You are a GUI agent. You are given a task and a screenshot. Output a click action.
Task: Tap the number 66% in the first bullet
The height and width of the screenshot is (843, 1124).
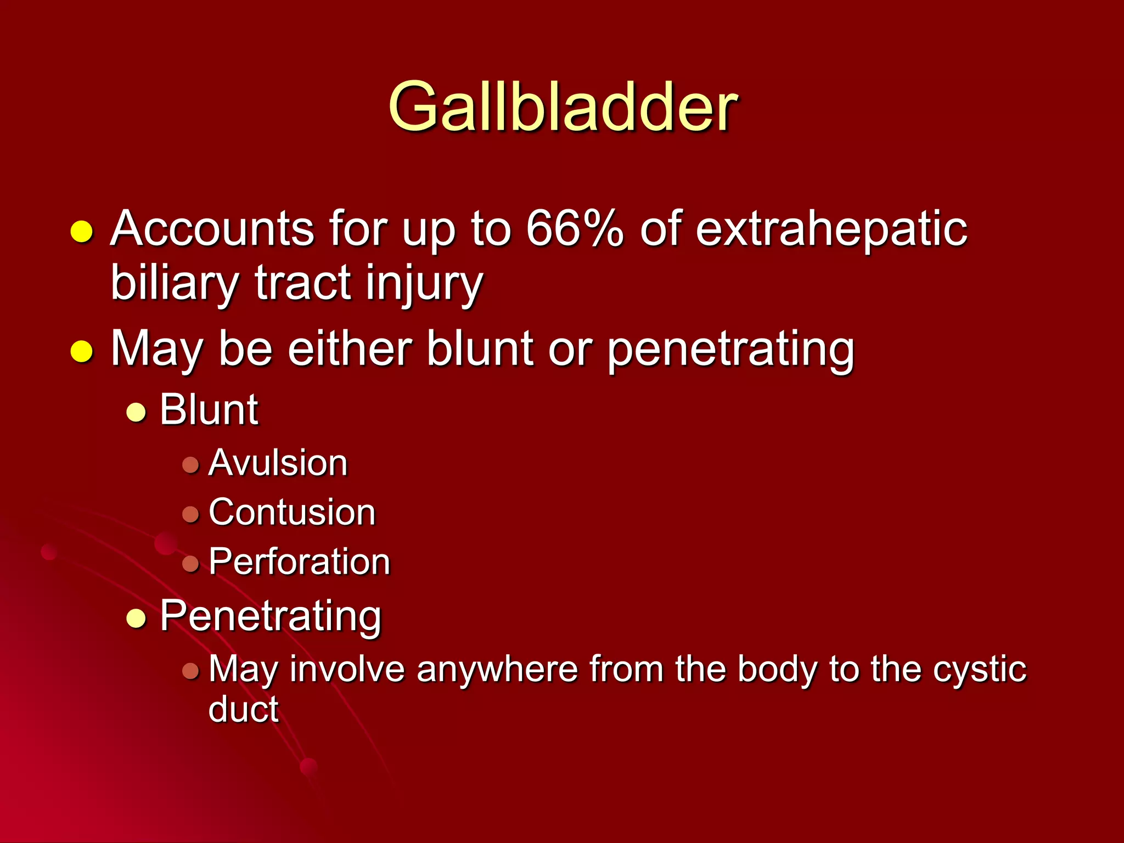click(x=574, y=228)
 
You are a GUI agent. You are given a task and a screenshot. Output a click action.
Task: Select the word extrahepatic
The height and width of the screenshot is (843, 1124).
click(x=831, y=229)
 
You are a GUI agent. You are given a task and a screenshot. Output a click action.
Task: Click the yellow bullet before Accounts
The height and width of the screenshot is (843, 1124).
click(x=82, y=232)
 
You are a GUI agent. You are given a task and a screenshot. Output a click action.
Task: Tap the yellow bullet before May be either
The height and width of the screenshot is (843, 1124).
click(x=82, y=351)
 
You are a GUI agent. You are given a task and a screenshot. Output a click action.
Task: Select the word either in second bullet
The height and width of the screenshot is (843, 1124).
click(x=350, y=349)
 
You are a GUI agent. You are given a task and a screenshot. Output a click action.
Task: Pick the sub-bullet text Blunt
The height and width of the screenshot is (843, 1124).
click(x=209, y=409)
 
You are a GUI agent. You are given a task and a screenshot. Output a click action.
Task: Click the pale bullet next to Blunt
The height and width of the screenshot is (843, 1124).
click(x=136, y=413)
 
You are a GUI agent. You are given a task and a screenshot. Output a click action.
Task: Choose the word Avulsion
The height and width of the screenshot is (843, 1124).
click(x=278, y=463)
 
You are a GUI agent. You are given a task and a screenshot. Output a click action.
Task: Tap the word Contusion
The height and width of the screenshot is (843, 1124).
click(x=292, y=512)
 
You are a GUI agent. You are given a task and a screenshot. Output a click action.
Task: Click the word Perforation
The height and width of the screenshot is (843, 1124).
click(x=299, y=561)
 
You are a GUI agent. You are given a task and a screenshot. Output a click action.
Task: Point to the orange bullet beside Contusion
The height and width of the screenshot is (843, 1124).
click(x=190, y=514)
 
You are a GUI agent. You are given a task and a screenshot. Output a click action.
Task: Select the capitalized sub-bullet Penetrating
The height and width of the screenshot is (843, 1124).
click(x=271, y=616)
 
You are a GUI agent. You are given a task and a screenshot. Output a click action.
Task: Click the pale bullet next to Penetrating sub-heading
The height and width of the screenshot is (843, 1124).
click(x=136, y=619)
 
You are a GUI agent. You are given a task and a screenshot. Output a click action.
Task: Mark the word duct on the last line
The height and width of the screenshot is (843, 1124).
click(x=243, y=709)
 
